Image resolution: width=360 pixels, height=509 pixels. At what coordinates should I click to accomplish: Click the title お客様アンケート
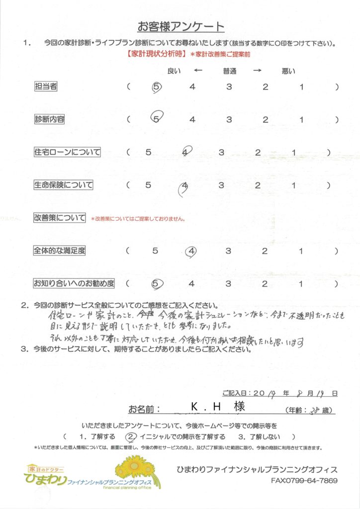(x=180, y=26)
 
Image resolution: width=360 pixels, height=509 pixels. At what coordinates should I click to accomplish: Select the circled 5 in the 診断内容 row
(x=157, y=119)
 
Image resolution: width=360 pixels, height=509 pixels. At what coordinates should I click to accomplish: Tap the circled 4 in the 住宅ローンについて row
(x=185, y=152)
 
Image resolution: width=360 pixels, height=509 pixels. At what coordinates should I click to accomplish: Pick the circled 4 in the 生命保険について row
(x=184, y=186)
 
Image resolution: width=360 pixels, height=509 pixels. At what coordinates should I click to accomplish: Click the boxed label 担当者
(x=45, y=86)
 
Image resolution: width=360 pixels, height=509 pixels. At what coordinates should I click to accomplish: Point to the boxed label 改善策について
(x=60, y=218)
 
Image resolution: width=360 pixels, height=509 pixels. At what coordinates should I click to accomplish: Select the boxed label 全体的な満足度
(x=59, y=251)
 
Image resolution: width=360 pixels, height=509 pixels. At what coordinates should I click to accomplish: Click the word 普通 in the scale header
(x=229, y=71)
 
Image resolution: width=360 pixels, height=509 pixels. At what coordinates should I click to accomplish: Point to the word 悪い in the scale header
(x=288, y=71)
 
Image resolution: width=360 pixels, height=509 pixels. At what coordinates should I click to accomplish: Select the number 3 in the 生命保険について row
(x=222, y=185)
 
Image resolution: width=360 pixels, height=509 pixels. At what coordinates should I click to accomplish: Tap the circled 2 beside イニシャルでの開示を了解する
(x=131, y=437)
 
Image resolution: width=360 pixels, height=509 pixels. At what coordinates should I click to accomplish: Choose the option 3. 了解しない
(x=264, y=437)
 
